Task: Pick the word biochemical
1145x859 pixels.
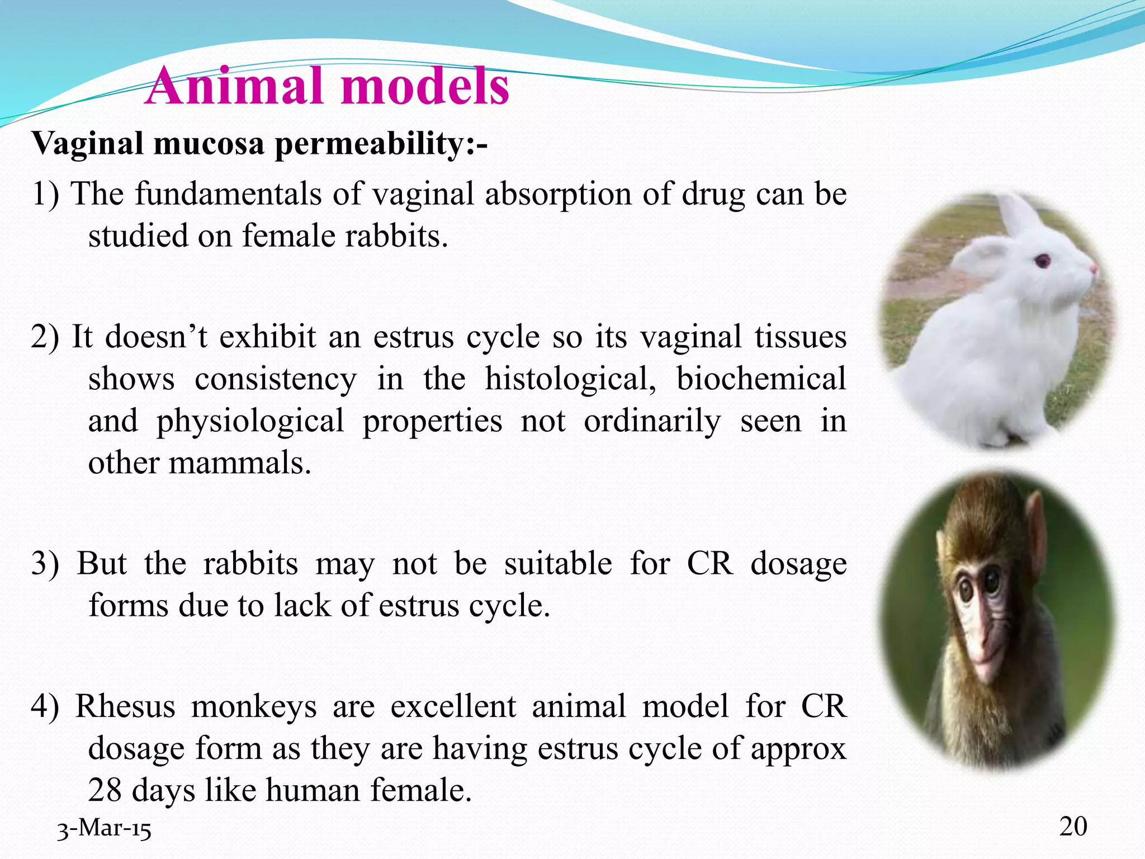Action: click(761, 379)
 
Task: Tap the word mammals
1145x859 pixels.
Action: click(239, 463)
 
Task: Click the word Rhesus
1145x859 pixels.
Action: click(125, 706)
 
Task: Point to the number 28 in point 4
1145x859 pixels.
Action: click(105, 790)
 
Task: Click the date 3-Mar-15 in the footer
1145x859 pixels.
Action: click(104, 829)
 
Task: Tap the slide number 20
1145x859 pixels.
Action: click(1073, 826)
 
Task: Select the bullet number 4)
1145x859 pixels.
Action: click(45, 706)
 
